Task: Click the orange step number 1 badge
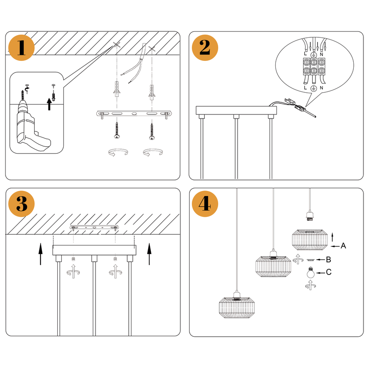(x=21, y=48)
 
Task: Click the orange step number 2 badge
(x=205, y=48)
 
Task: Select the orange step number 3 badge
(x=21, y=203)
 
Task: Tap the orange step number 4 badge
(x=205, y=203)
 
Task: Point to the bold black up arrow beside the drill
(x=50, y=104)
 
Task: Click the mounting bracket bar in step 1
(x=134, y=113)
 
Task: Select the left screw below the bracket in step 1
(x=117, y=131)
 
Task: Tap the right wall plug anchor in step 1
(x=151, y=93)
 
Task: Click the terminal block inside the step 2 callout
(x=314, y=67)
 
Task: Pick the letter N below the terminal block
(x=321, y=88)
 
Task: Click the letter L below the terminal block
(x=306, y=88)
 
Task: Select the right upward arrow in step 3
(x=149, y=254)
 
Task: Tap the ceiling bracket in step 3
(x=95, y=228)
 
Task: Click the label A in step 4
(x=343, y=246)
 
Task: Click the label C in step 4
(x=329, y=272)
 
